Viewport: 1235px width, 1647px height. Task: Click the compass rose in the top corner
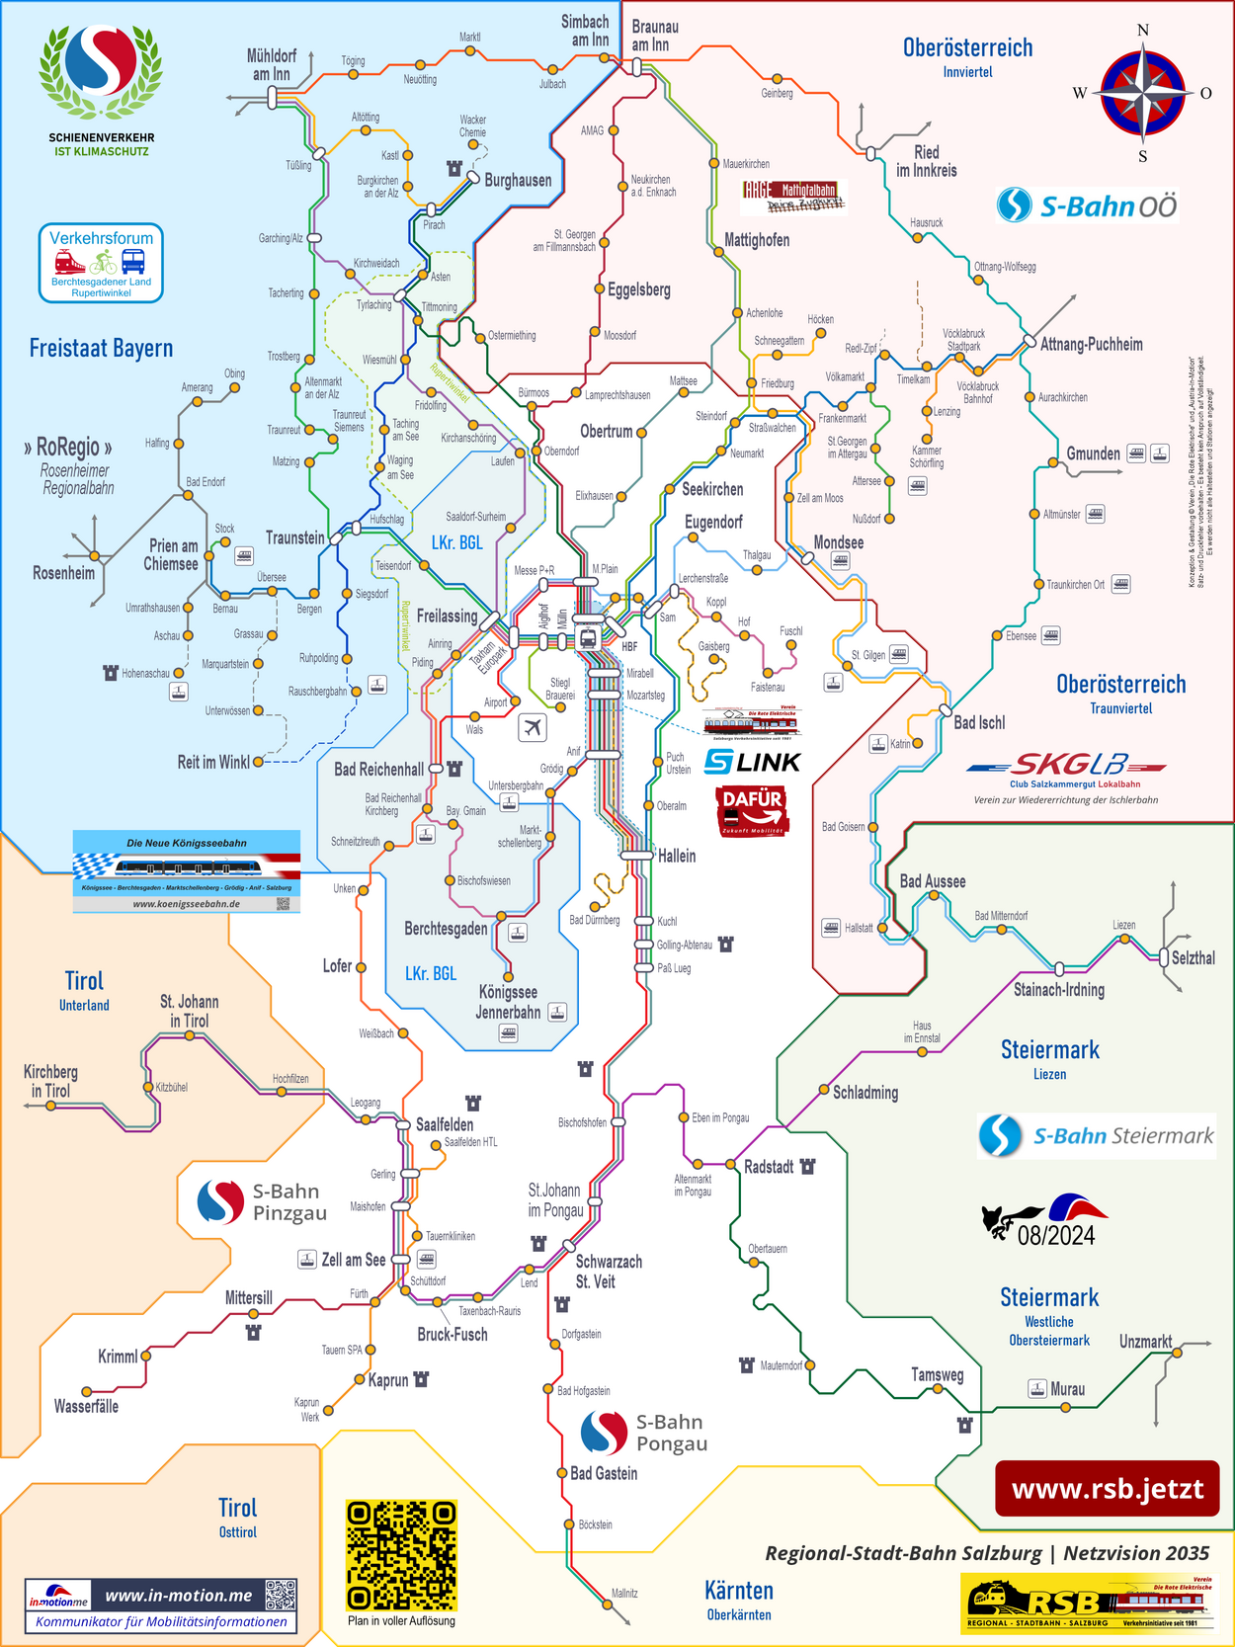pyautogui.click(x=1143, y=93)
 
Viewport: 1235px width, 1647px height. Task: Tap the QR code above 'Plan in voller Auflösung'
pyautogui.click(x=401, y=1555)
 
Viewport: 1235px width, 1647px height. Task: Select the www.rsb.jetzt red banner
pyautogui.click(x=1107, y=1489)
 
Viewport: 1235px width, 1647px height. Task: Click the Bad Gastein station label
pyautogui.click(x=604, y=1473)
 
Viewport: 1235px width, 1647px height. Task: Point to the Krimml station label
pyautogui.click(x=118, y=1357)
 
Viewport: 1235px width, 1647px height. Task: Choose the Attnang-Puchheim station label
pyautogui.click(x=1091, y=345)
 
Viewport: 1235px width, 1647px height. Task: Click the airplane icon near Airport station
pyautogui.click(x=533, y=728)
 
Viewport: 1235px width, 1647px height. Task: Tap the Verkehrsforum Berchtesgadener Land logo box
pyautogui.click(x=101, y=263)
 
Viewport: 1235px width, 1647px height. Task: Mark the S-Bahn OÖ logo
pyautogui.click(x=1088, y=206)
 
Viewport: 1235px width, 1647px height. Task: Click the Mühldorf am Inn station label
pyautogui.click(x=271, y=65)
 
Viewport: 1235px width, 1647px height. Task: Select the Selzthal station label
pyautogui.click(x=1193, y=958)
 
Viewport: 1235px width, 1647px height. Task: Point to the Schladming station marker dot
pyautogui.click(x=824, y=1090)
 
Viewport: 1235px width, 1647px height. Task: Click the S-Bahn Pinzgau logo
pyautogui.click(x=262, y=1202)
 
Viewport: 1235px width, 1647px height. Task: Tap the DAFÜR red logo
pyautogui.click(x=753, y=811)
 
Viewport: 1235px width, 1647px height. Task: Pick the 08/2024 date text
pyautogui.click(x=1055, y=1235)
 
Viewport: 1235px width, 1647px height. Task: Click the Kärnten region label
pyautogui.click(x=739, y=1591)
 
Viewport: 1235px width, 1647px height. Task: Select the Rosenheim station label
pyautogui.click(x=64, y=573)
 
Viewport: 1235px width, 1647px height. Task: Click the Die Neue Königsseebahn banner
pyautogui.click(x=187, y=870)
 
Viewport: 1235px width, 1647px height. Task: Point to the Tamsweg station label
pyautogui.click(x=937, y=1374)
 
